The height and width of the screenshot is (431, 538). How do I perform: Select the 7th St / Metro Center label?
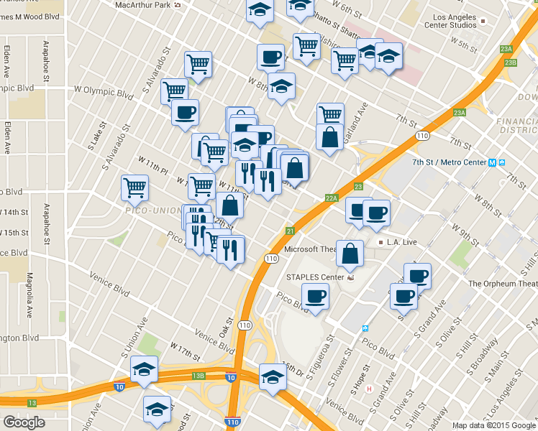(x=449, y=162)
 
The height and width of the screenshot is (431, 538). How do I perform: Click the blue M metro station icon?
(x=492, y=162)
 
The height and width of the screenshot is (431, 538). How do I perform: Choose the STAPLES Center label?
(x=316, y=277)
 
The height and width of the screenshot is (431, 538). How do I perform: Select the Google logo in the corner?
(x=24, y=422)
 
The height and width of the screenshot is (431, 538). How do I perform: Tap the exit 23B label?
(x=510, y=63)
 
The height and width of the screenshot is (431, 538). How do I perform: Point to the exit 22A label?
(x=332, y=198)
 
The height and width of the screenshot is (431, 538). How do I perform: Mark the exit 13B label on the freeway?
(x=199, y=375)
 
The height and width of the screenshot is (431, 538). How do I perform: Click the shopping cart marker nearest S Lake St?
(x=134, y=188)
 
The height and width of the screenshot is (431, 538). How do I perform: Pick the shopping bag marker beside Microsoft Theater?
(x=350, y=254)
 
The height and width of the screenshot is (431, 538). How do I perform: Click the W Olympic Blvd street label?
(x=104, y=93)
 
